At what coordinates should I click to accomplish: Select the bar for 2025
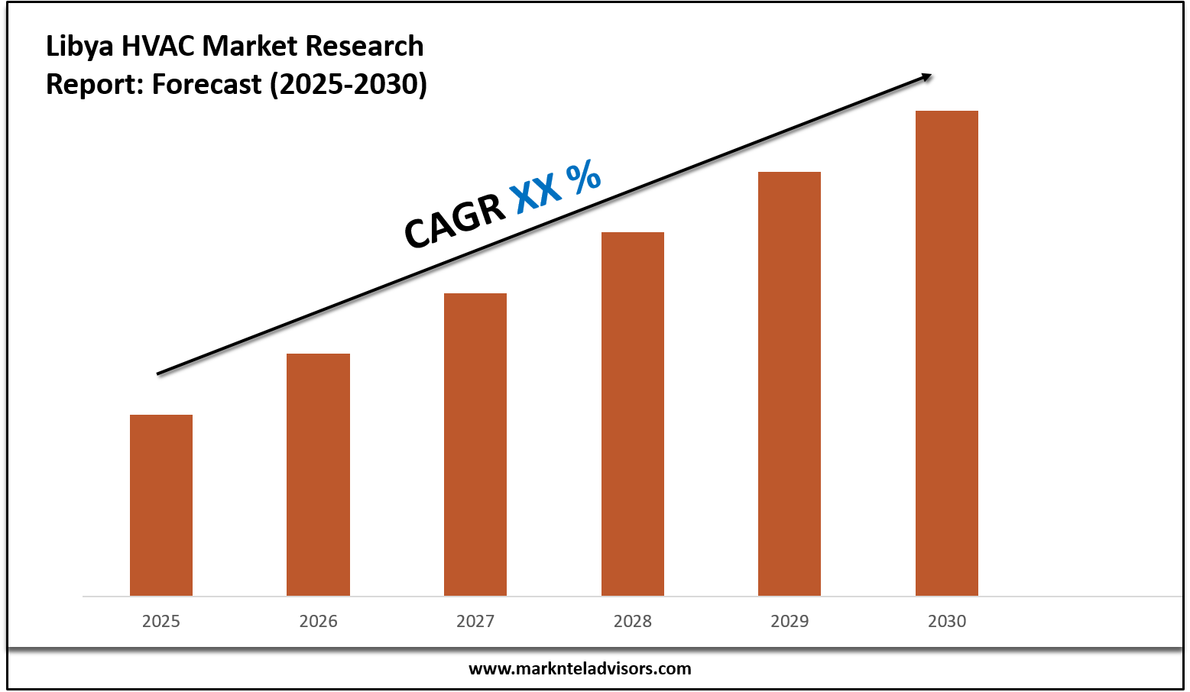pos(161,505)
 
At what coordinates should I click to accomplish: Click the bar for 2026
pos(318,474)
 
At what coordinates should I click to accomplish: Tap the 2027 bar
pos(475,444)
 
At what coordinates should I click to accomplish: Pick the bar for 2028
pos(633,413)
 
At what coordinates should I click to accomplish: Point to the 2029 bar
pos(790,383)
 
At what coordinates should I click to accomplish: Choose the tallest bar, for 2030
pos(947,353)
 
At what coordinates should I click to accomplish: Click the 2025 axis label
pos(161,621)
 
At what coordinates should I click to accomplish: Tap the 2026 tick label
pos(318,621)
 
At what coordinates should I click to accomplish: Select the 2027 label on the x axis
pos(475,621)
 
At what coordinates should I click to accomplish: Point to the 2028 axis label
pos(633,621)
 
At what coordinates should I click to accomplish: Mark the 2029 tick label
pos(790,621)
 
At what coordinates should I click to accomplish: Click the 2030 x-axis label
pos(947,621)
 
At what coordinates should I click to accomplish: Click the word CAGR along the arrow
pos(454,221)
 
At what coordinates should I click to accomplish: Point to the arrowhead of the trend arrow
pos(926,76)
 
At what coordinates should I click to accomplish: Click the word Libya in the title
pos(79,47)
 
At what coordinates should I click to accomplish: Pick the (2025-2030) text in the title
pos(349,84)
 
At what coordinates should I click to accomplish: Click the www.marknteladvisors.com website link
pos(579,668)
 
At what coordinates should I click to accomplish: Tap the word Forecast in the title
pos(206,84)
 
